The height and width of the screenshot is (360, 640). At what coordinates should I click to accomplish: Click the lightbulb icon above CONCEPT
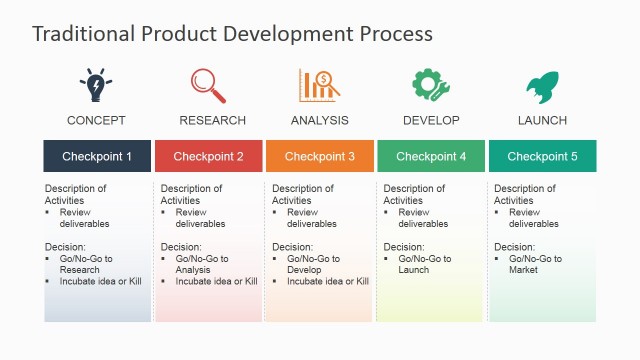point(96,86)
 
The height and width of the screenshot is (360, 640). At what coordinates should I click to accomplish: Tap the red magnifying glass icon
point(208,85)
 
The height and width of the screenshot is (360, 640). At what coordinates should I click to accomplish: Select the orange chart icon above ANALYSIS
point(319,85)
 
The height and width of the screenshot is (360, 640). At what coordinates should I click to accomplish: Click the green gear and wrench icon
point(431,85)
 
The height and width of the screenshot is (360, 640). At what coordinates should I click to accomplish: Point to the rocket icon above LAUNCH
point(542,86)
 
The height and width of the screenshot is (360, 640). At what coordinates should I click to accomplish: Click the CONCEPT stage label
point(96,121)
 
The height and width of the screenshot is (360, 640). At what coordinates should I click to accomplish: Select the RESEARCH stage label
point(212,121)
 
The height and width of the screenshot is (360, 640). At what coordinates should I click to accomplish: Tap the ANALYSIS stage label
point(320,121)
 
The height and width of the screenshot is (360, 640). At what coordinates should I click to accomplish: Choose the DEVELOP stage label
point(431,121)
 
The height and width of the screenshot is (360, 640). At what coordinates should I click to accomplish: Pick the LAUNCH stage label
point(542,121)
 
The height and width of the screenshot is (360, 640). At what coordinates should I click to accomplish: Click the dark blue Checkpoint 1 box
point(97,156)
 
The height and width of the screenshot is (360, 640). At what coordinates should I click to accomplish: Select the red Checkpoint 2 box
point(208,156)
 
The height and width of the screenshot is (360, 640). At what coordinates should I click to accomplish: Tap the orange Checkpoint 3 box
point(320,156)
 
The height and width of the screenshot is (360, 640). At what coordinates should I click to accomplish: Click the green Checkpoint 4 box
point(431,156)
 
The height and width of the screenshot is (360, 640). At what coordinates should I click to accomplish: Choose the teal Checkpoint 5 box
point(542,156)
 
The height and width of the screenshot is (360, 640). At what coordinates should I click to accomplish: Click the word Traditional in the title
point(80,33)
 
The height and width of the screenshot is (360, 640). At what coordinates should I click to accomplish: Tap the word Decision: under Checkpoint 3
point(292,246)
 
